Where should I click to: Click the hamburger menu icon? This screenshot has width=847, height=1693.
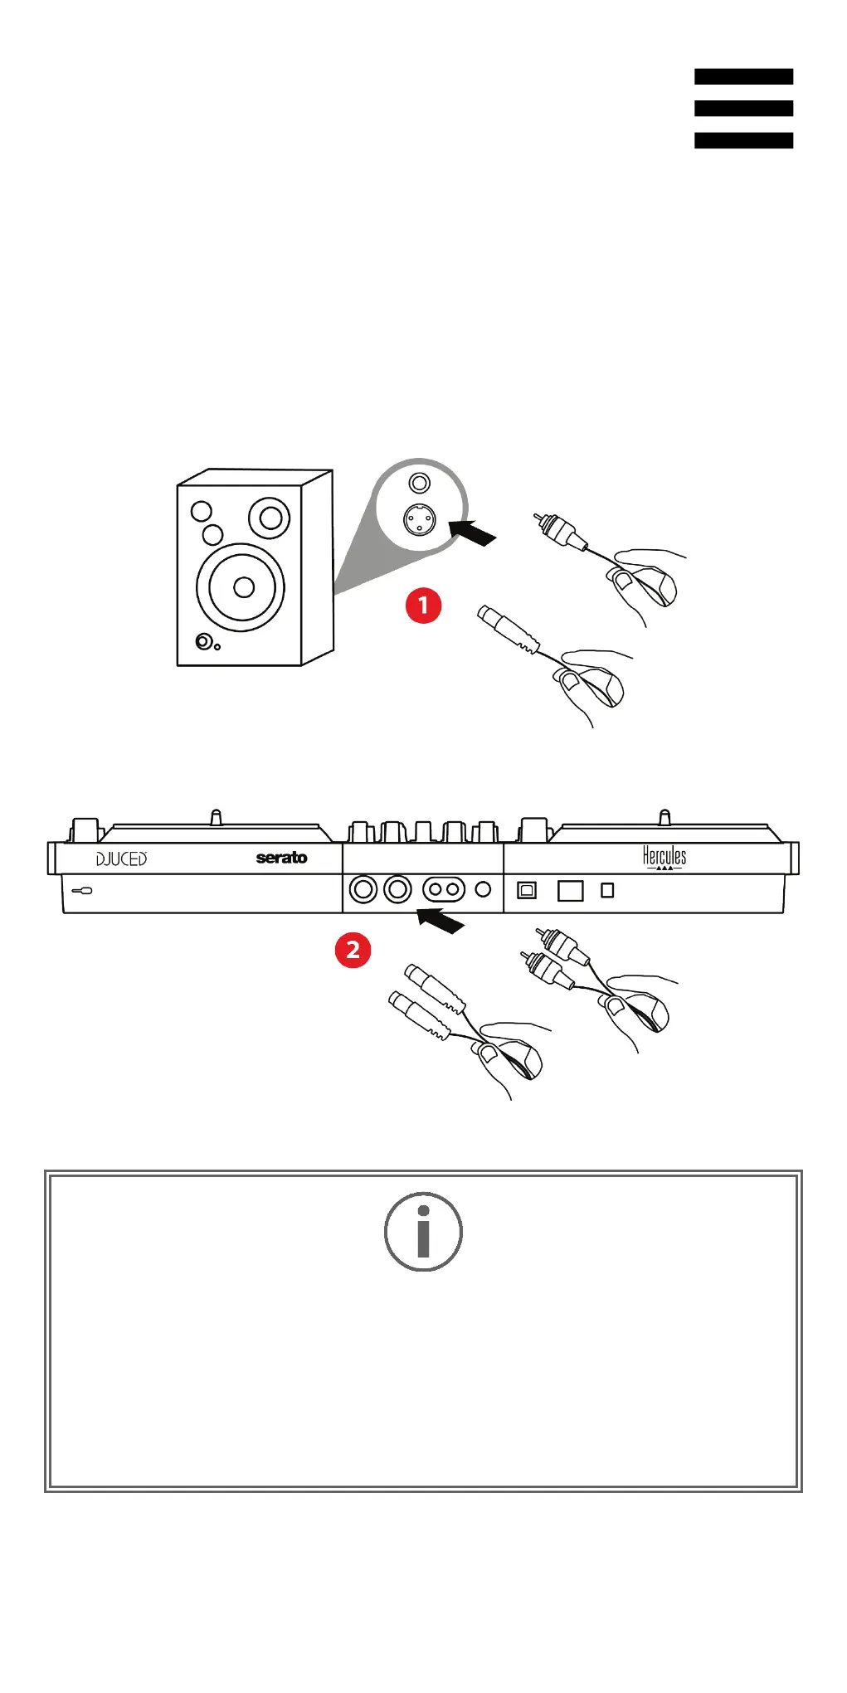(743, 108)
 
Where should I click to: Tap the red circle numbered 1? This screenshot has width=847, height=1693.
(423, 605)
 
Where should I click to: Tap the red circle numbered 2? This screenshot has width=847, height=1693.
(353, 949)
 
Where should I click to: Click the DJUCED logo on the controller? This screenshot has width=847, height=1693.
(121, 859)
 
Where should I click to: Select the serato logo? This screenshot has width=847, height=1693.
(281, 858)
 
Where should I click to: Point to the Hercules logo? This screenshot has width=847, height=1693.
(664, 857)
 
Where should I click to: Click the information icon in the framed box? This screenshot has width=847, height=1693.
(423, 1231)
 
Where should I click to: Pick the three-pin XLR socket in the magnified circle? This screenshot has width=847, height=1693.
(419, 520)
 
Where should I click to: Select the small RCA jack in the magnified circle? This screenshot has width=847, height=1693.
(420, 482)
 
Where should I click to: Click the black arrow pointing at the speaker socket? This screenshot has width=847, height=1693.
(472, 532)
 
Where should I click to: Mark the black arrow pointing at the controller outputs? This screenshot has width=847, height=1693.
(441, 920)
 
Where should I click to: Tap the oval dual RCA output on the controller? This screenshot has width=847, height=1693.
(444, 890)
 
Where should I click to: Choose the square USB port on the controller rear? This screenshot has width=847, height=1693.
(527, 890)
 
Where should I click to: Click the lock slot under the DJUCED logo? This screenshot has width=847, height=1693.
(82, 891)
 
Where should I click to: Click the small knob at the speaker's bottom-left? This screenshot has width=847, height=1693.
(203, 641)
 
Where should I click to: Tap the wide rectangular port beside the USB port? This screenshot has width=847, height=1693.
(571, 890)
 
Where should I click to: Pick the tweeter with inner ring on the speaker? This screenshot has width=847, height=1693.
(270, 518)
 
